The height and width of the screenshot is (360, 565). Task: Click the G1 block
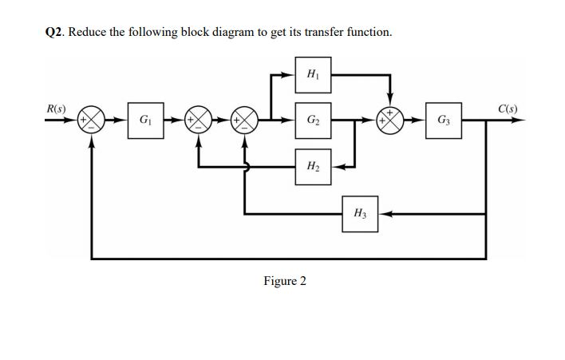point(143,122)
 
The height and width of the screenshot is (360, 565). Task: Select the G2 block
point(311,122)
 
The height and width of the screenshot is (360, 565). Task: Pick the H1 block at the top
point(311,74)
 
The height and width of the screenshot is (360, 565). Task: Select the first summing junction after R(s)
point(94,122)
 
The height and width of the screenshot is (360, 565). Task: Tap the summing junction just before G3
point(390,122)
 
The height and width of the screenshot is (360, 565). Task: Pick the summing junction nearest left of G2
point(244,122)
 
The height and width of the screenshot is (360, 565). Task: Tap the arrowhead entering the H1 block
point(289,74)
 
